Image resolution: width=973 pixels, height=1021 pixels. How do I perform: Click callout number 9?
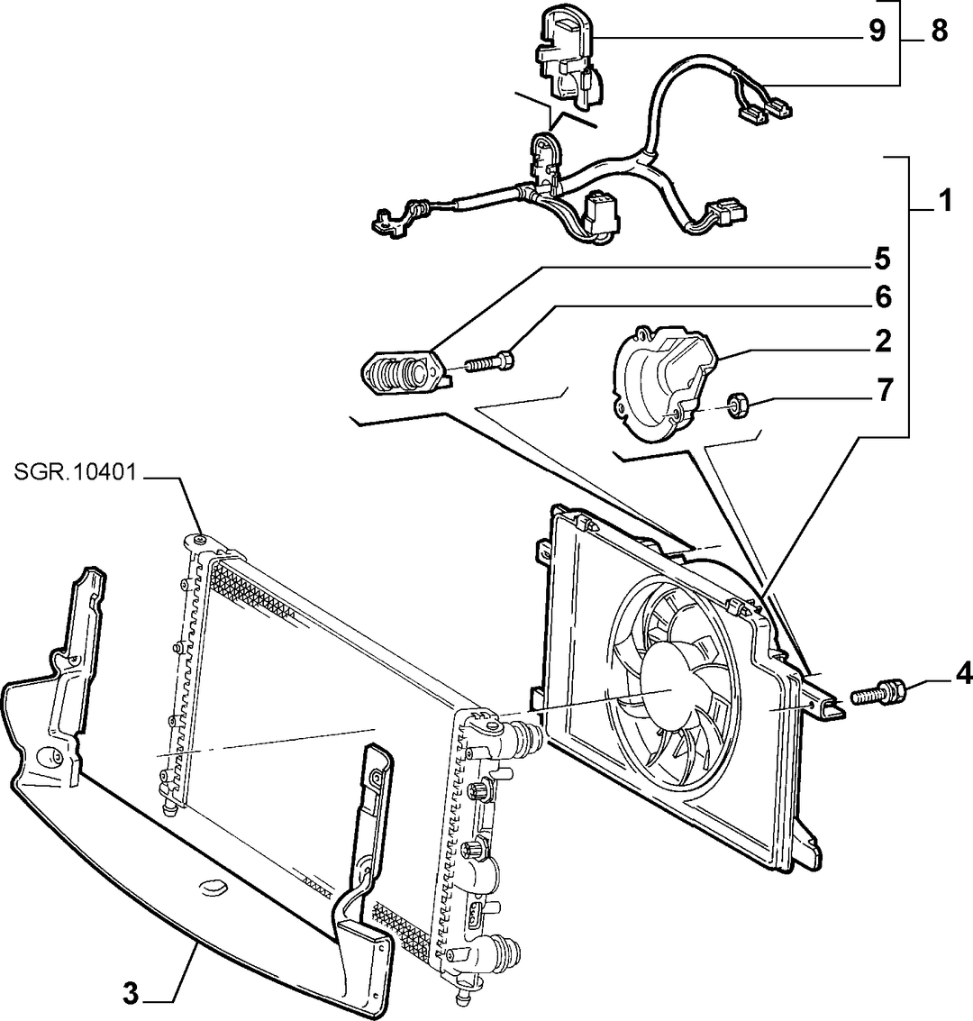878,31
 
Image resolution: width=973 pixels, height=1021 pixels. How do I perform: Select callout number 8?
939,31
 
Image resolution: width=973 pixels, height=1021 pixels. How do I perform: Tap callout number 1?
945,201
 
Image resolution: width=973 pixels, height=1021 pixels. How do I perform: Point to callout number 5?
882,260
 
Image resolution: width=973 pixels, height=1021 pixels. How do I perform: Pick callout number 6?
883,297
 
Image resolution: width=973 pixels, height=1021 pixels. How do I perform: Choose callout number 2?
883,342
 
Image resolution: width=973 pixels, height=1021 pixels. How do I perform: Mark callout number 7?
883,391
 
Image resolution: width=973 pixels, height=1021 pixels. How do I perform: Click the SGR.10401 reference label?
76,472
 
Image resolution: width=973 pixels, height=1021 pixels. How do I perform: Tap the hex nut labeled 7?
737,406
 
